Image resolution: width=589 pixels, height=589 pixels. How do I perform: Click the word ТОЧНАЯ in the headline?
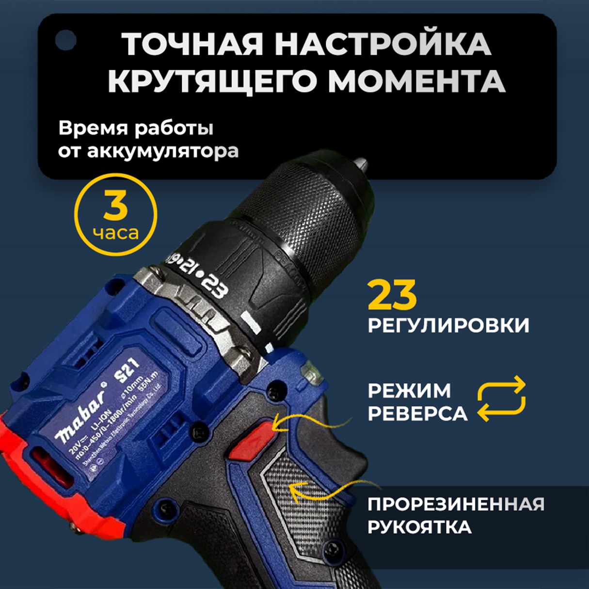(193, 45)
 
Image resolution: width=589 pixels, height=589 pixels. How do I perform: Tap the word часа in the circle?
(116, 233)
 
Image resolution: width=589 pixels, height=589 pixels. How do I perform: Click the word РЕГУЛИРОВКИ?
(448, 325)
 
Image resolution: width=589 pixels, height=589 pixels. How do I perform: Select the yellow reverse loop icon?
(501, 398)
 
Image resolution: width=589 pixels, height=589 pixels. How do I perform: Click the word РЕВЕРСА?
(417, 414)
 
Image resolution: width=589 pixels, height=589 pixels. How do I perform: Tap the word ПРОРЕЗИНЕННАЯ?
(456, 504)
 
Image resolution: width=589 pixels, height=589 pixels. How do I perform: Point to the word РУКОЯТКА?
(419, 527)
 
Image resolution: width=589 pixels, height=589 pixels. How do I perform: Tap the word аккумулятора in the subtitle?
(163, 151)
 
